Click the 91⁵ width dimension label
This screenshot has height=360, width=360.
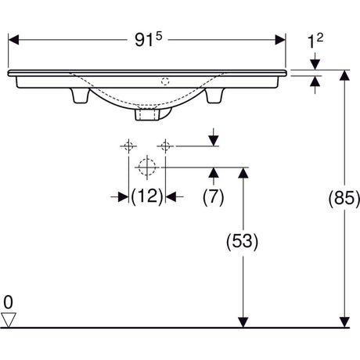[x=148, y=39]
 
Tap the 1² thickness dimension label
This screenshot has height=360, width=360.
[x=315, y=41]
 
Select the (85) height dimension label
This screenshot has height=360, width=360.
[x=344, y=198]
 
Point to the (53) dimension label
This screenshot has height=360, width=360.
[x=243, y=241]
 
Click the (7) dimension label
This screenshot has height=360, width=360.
[x=214, y=196]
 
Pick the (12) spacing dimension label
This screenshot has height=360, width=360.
[x=147, y=196]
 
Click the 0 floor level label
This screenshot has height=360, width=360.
[x=8, y=303]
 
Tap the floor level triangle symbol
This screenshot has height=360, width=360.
[x=9, y=319]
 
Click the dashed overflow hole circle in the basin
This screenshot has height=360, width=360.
[x=165, y=81]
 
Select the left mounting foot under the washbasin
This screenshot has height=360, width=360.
[x=81, y=95]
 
